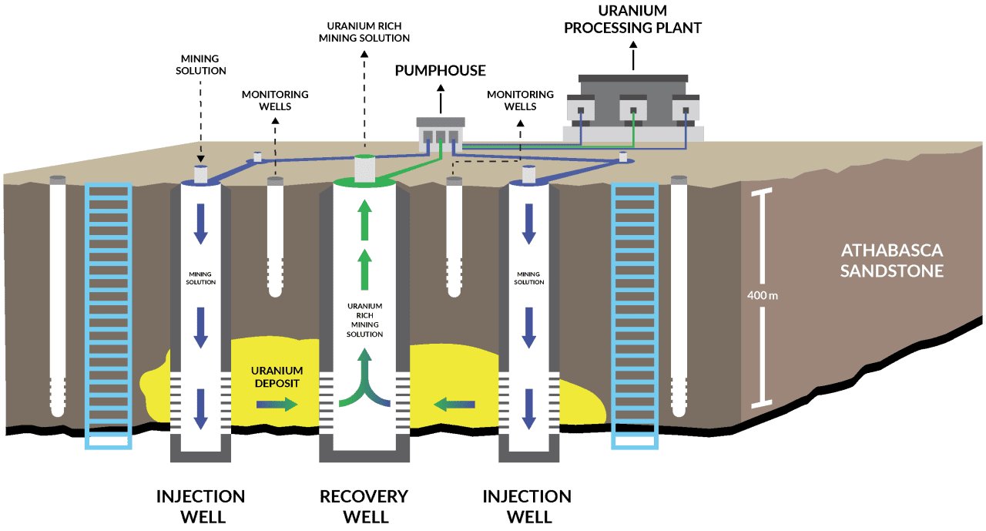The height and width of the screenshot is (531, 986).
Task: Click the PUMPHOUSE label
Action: pyautogui.click(x=440, y=71)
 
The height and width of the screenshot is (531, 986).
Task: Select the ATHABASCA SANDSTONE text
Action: pyautogui.click(x=891, y=260)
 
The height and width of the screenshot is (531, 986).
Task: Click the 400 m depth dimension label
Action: pyautogui.click(x=763, y=295)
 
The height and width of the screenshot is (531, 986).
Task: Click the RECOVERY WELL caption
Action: pyautogui.click(x=364, y=506)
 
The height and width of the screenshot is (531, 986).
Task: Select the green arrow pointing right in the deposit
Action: pyautogui.click(x=277, y=404)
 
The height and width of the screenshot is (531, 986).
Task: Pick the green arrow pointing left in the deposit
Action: pyautogui.click(x=454, y=403)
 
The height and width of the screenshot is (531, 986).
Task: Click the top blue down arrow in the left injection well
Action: pyautogui.click(x=200, y=224)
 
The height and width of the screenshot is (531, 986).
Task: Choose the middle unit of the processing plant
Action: pyautogui.click(x=633, y=109)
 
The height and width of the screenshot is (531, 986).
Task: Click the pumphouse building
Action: pyautogui.click(x=441, y=135)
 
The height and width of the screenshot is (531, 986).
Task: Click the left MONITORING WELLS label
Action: pyautogui.click(x=275, y=100)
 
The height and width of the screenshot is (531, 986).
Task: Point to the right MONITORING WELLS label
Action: pyautogui.click(x=520, y=100)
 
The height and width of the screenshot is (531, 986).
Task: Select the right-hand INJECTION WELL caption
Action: pyautogui.click(x=527, y=506)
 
